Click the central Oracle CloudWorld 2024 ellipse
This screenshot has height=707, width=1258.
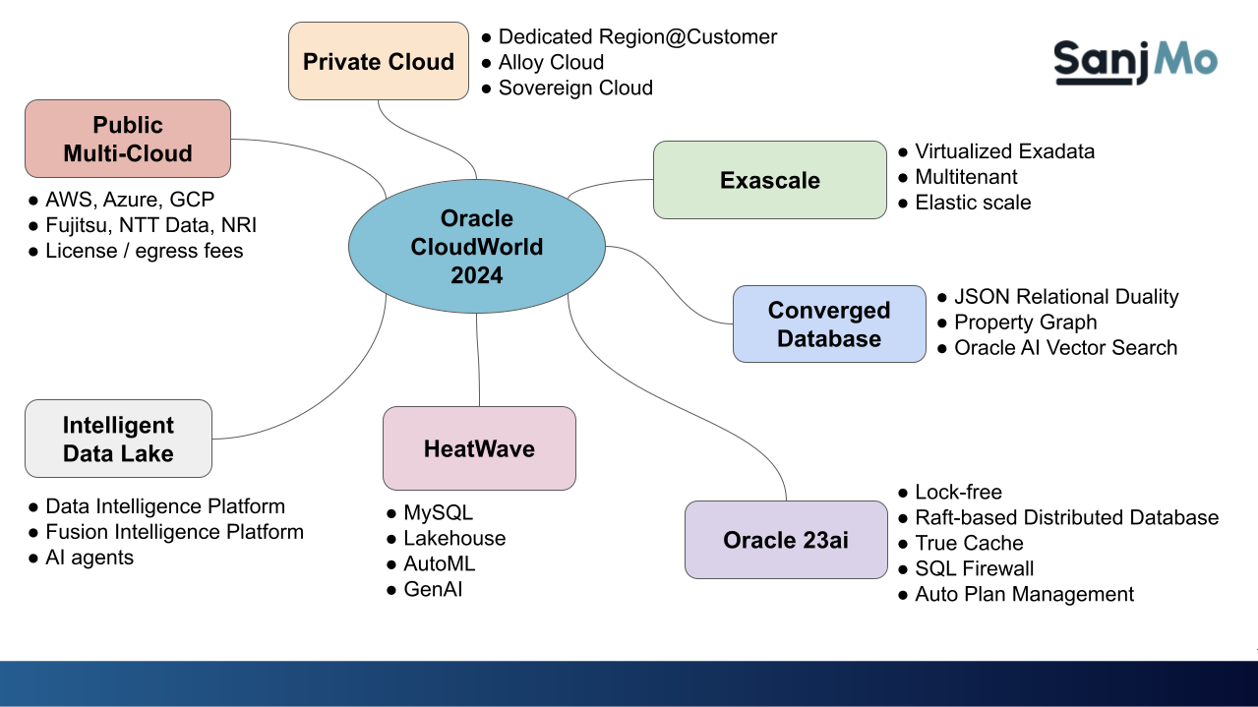coord(477,246)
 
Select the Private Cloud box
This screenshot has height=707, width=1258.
coord(379,61)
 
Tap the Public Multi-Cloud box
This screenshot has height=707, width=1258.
coord(128,139)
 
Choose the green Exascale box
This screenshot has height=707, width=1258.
coord(769,180)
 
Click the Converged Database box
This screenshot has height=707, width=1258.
coord(828,324)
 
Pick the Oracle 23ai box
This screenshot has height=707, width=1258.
coord(785,540)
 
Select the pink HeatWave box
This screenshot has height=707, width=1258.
coord(479,448)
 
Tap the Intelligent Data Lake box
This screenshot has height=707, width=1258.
coord(118,439)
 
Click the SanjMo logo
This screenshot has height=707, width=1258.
coord(1135,60)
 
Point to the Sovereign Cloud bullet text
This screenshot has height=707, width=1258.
coord(575,88)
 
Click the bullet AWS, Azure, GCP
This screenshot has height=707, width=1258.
coord(130,200)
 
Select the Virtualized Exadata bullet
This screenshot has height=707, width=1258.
coord(1004,151)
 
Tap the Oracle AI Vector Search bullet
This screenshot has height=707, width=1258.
coord(1065,347)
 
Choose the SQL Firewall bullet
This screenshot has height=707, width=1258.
coord(974,568)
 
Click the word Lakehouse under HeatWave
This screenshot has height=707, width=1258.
coord(454,538)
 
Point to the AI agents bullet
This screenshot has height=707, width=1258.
coord(90,558)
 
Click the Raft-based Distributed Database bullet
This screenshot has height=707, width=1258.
coord(1066,517)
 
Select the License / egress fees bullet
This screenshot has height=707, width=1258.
coord(144,251)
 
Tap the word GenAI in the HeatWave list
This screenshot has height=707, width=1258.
coord(433,589)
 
